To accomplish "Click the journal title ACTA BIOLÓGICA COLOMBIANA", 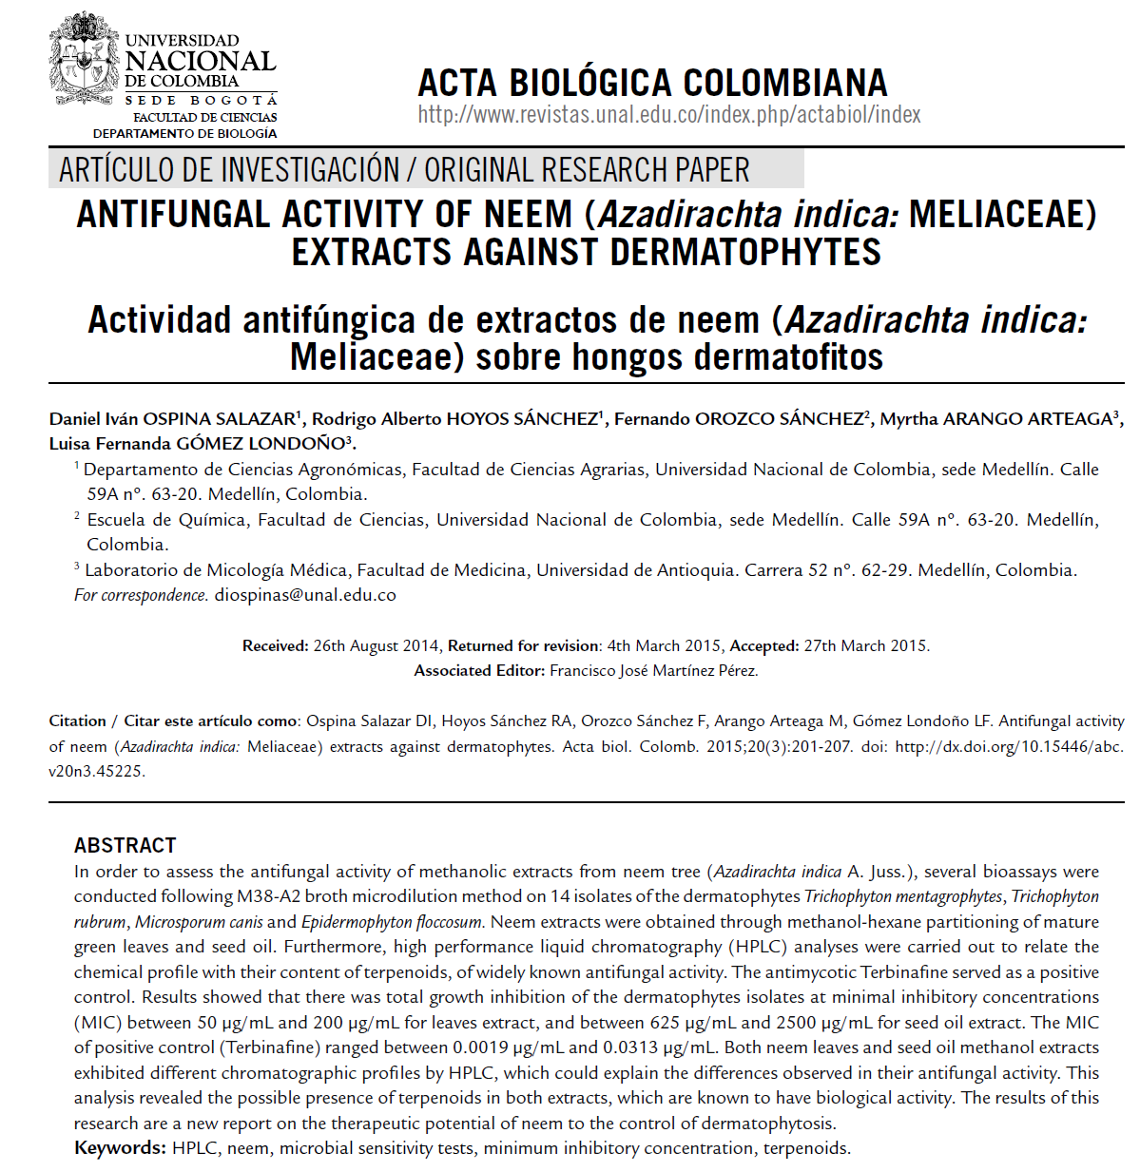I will (652, 84).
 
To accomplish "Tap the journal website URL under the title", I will (669, 115).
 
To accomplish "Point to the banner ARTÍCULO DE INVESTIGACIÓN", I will (228, 170).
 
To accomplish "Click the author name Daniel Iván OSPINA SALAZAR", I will (172, 419).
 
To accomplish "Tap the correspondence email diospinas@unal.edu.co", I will (304, 595).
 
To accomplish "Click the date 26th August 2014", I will (376, 646).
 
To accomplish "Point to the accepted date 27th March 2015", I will (865, 646).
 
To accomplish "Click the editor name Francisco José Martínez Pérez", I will (653, 671).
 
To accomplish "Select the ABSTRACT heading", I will (126, 846).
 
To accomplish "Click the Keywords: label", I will (120, 1148).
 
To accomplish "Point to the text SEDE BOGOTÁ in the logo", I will (201, 100).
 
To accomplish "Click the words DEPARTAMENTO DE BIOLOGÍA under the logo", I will (184, 134).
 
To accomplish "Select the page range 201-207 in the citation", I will (822, 747).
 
